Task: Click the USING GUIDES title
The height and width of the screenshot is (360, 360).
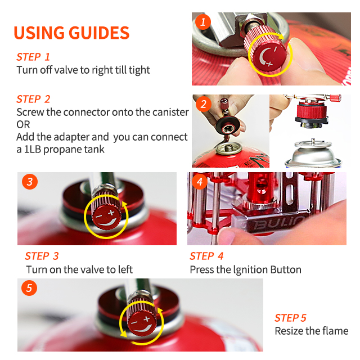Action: pyautogui.click(x=71, y=33)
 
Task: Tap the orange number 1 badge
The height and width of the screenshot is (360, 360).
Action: pyautogui.click(x=203, y=22)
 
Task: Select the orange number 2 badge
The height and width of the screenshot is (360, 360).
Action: pyautogui.click(x=204, y=104)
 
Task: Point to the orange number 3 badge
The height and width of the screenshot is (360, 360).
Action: pyautogui.click(x=30, y=182)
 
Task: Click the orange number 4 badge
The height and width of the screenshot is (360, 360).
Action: pyautogui.click(x=200, y=182)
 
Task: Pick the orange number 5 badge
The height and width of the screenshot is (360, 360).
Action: pyautogui.click(x=29, y=288)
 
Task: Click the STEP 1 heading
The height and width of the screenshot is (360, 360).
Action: pyautogui.click(x=33, y=57)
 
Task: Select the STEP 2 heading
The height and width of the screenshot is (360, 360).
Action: pyautogui.click(x=33, y=99)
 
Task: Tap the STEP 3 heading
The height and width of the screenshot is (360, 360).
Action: pyautogui.click(x=42, y=256)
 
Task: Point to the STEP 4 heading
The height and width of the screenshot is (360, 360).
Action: pyautogui.click(x=206, y=256)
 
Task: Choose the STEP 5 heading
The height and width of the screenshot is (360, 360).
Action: pyautogui.click(x=290, y=318)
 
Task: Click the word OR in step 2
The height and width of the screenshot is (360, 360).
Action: pyautogui.click(x=23, y=124)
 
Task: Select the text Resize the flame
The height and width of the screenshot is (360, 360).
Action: pyautogui.click(x=312, y=331)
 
